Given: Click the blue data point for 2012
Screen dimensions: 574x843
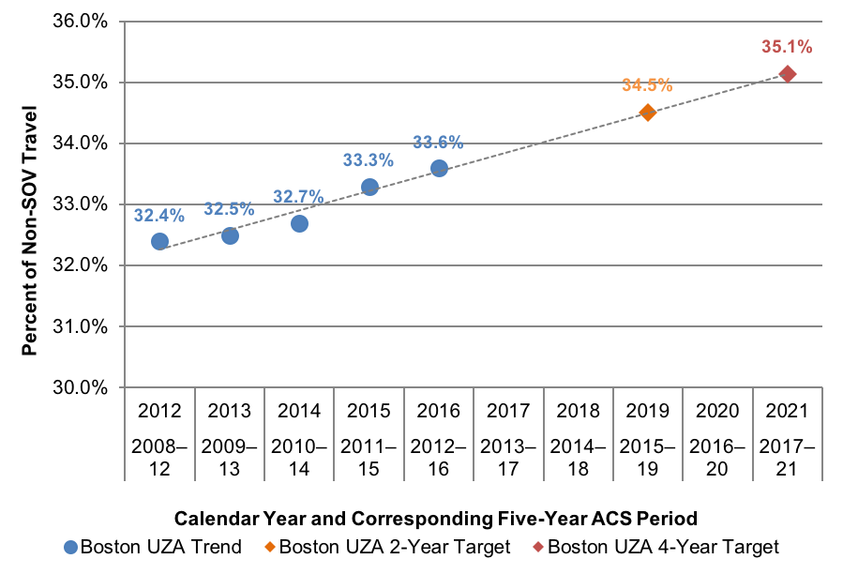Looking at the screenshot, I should (159, 241).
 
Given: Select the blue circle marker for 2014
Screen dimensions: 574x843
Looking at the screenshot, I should (299, 223).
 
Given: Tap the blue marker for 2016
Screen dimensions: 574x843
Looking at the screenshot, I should (439, 168).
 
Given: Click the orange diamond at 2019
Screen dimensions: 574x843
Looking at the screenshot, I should (648, 113).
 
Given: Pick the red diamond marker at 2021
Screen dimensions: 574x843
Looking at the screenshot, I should (788, 73).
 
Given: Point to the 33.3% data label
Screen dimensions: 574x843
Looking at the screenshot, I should (368, 160).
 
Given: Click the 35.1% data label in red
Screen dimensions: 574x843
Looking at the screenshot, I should (786, 46).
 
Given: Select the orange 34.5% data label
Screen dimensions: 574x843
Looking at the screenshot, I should (647, 85).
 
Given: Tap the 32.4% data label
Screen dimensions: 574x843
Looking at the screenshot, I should (158, 215).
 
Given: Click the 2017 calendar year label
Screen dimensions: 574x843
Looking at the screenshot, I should (508, 411).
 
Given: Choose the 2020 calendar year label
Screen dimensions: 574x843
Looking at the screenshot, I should (717, 411).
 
